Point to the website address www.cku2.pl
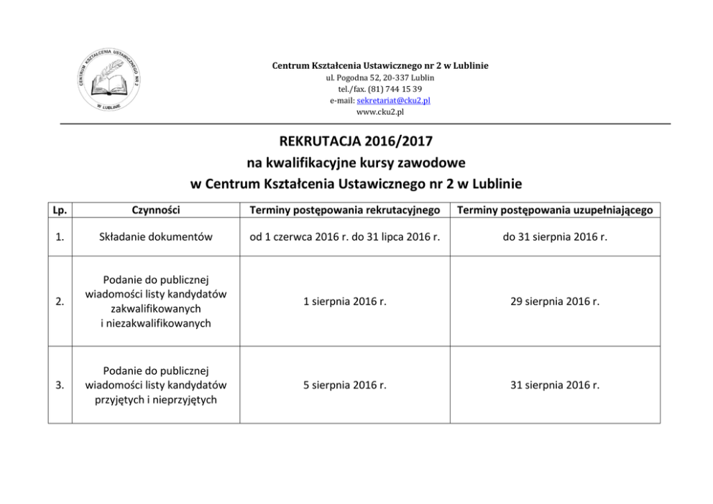(379, 112)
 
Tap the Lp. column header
(60, 210)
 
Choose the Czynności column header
(156, 210)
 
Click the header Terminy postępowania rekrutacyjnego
(344, 210)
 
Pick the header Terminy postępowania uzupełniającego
(555, 210)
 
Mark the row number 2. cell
(60, 302)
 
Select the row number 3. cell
(60, 385)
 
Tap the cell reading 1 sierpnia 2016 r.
(344, 302)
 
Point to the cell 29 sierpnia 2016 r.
(555, 302)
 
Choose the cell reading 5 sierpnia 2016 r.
(344, 385)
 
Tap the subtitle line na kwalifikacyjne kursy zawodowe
(356, 162)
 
